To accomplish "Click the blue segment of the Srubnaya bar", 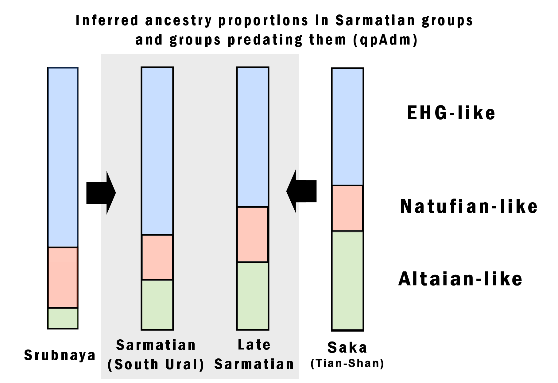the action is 63,157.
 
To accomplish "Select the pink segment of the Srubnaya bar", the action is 63,277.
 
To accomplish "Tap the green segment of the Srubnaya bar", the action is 63,318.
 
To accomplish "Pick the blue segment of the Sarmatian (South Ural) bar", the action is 157,151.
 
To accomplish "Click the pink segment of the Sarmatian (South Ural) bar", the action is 157,257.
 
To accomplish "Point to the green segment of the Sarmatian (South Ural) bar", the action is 157,305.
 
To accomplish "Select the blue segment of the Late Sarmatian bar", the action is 253,137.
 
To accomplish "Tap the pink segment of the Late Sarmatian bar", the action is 253,235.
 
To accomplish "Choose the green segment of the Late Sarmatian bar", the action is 253,296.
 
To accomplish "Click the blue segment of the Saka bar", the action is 347,127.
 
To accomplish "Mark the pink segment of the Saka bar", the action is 347,208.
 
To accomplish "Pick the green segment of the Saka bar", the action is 347,281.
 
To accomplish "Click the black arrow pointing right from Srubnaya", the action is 101,193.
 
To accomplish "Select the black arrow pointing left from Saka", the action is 301,191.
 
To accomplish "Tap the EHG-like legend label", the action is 451,113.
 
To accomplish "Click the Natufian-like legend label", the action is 469,206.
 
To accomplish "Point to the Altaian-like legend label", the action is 460,279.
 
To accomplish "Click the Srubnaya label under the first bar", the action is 60,355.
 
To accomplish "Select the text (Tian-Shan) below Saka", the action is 347,364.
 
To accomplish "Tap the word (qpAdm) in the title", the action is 385,40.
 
